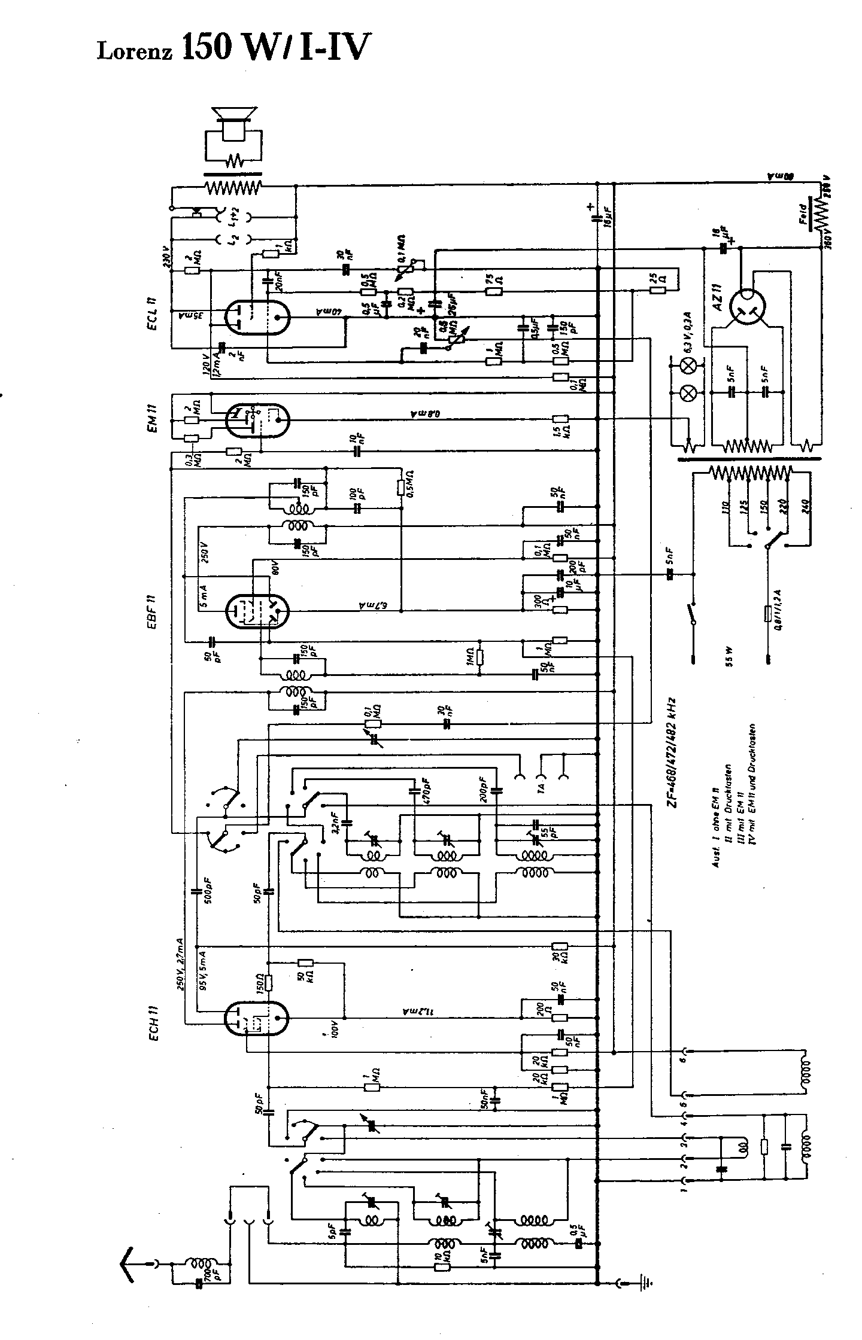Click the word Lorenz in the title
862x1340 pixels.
(x=135, y=52)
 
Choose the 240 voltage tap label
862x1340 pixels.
(x=806, y=510)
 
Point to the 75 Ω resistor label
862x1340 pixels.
(x=488, y=280)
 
